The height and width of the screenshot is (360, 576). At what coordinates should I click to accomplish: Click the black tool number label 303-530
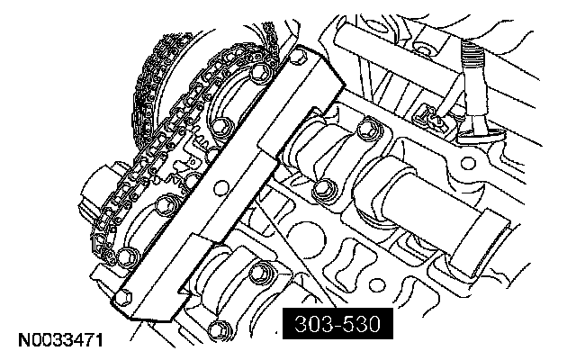tap(337, 324)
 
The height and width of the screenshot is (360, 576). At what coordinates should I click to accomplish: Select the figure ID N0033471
tap(60, 340)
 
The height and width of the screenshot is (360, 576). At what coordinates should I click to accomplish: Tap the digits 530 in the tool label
tap(362, 324)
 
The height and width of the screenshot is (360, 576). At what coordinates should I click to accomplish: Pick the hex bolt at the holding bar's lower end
tap(123, 296)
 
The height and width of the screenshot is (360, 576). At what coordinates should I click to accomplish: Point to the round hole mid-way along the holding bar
tap(221, 188)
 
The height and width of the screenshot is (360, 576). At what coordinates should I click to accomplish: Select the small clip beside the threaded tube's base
tap(429, 118)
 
